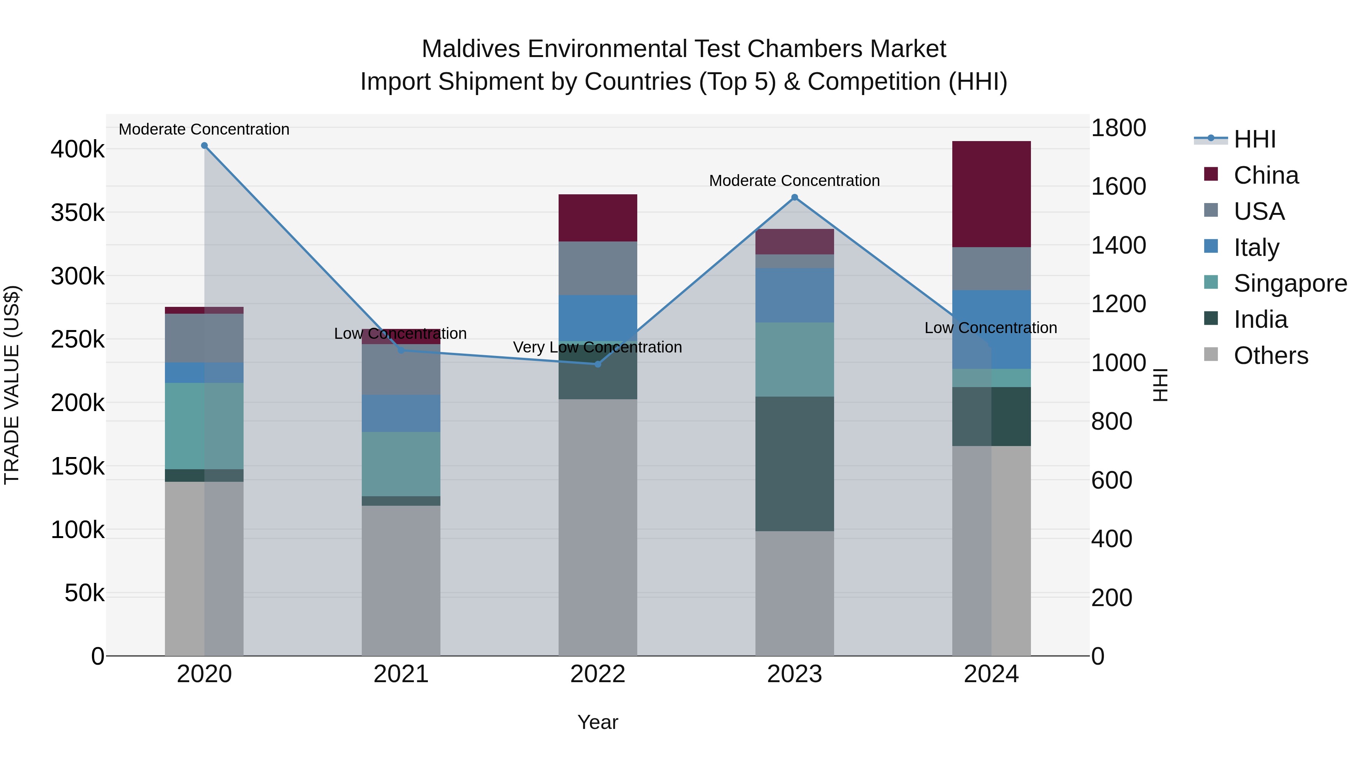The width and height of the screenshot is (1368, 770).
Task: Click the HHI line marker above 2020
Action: (204, 146)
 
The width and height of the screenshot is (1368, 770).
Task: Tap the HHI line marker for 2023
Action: (795, 197)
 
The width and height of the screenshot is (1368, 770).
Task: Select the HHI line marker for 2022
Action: (597, 364)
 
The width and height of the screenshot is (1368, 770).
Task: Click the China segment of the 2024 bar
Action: (991, 194)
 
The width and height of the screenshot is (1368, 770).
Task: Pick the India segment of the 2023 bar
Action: (795, 464)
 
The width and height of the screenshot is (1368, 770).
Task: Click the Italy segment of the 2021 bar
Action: (401, 413)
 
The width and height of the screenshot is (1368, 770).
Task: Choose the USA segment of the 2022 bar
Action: (597, 268)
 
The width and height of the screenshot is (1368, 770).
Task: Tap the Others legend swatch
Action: (1211, 354)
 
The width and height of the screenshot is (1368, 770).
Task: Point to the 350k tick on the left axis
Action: (78, 213)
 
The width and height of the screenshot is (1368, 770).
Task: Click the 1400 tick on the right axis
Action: (1118, 246)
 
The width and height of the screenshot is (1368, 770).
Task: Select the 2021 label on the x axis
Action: (401, 674)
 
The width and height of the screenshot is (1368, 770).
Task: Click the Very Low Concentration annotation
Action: (597, 347)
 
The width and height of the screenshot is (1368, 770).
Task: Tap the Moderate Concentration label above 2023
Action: (795, 181)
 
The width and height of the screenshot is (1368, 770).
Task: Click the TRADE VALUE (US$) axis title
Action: (12, 385)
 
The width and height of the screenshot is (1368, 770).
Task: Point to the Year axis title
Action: (597, 722)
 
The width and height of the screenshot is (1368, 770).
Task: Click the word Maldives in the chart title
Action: (470, 49)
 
